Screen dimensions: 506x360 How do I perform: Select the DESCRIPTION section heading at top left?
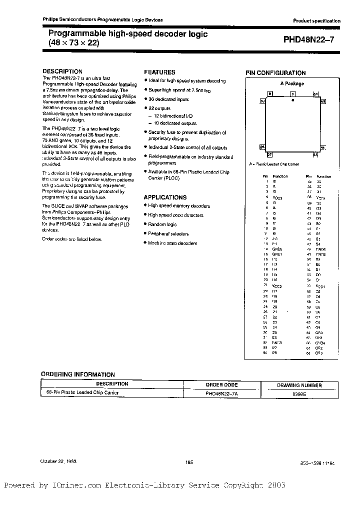[62, 71]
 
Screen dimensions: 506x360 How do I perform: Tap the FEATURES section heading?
[159, 72]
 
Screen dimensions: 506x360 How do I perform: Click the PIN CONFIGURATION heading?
[275, 73]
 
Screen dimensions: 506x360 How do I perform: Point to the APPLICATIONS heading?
[165, 197]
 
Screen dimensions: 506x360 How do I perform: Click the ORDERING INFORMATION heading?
[77, 374]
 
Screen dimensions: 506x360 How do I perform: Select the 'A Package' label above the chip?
[292, 83]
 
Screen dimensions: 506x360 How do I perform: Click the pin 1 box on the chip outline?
[293, 93]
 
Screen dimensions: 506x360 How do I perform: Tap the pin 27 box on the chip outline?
[269, 154]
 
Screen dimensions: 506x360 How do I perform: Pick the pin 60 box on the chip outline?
[323, 101]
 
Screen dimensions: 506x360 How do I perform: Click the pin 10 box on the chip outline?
[262, 101]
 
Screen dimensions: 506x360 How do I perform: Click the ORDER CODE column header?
[221, 384]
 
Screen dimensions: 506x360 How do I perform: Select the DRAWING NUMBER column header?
[299, 385]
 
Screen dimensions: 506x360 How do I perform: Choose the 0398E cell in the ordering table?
[299, 393]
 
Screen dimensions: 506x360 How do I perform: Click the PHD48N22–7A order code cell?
[221, 393]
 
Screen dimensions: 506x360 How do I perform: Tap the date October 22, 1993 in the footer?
[58, 462]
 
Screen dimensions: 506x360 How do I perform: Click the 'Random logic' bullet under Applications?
[162, 224]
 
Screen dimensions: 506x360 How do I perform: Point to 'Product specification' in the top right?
[316, 21]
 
